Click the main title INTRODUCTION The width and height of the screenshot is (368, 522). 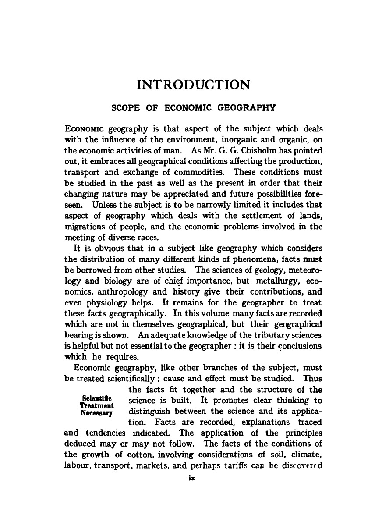coord(194,84)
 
